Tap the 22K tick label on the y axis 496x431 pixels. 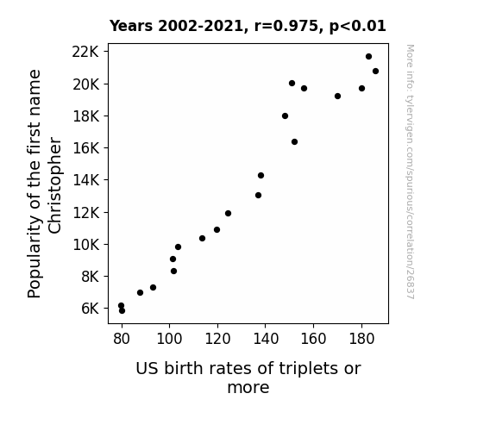click(85, 52)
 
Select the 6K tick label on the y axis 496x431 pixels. click(91, 309)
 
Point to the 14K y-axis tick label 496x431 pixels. click(85, 180)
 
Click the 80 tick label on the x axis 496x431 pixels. click(122, 339)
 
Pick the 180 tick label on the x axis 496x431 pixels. click(361, 339)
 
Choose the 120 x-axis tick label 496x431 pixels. click(217, 339)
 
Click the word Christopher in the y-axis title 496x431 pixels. click(54, 185)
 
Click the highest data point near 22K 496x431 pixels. click(368, 57)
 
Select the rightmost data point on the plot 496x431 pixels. click(375, 72)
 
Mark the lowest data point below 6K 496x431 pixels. click(122, 311)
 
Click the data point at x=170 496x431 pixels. click(337, 97)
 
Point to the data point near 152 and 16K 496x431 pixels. click(294, 141)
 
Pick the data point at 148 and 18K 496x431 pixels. click(285, 116)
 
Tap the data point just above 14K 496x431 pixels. click(261, 176)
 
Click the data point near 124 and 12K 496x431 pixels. click(228, 214)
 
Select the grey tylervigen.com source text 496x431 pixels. click(410, 172)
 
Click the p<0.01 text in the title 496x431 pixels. click(358, 26)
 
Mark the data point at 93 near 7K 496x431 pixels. click(153, 287)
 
